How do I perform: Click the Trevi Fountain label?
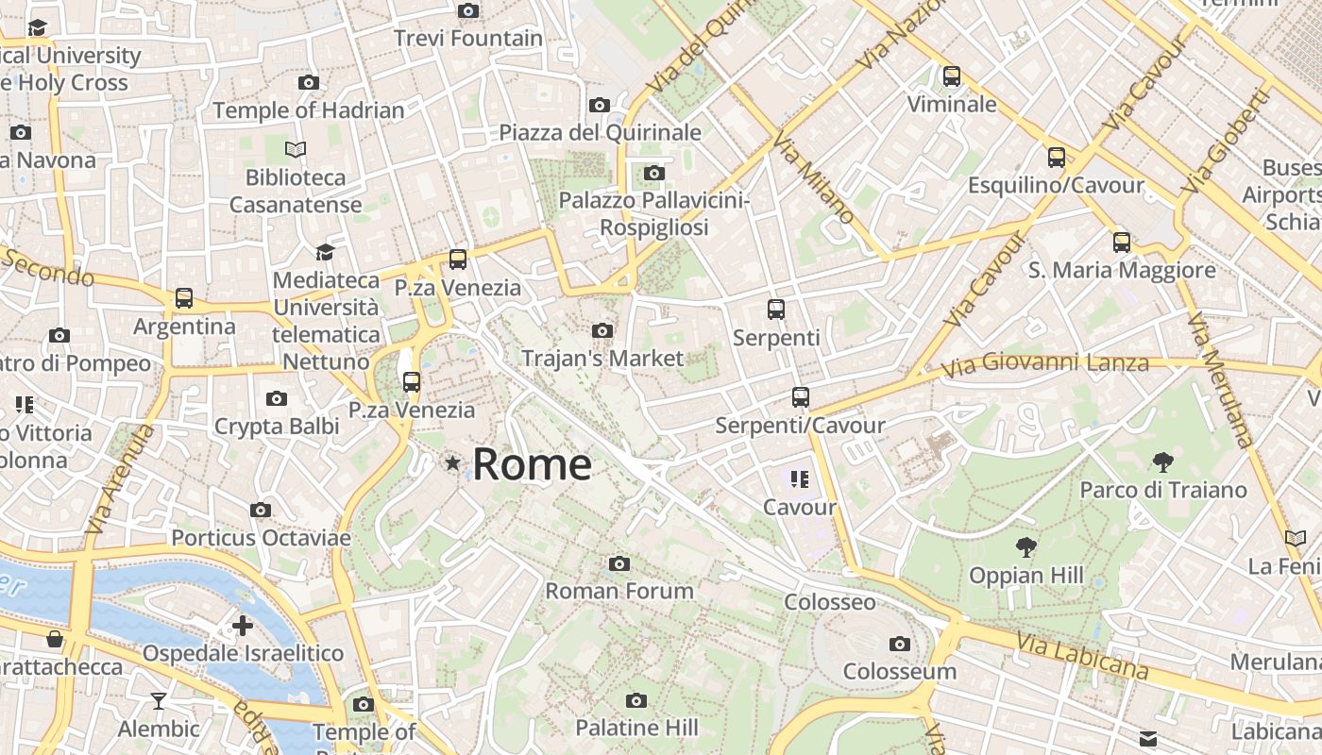(x=467, y=39)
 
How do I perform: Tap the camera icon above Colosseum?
(x=900, y=644)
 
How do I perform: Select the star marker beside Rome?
(x=453, y=462)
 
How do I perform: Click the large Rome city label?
(x=532, y=464)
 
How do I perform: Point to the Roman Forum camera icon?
(x=619, y=563)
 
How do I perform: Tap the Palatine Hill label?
(x=636, y=728)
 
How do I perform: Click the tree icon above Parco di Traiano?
(x=1163, y=461)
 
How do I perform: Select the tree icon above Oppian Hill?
(x=1025, y=546)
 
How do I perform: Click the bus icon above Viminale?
(x=952, y=75)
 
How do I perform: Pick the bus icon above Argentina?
(x=184, y=298)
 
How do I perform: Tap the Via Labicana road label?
(x=1082, y=657)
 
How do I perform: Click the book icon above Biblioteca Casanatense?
(x=296, y=149)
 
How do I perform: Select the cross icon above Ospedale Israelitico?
(x=243, y=625)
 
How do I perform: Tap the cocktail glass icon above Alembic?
(x=159, y=700)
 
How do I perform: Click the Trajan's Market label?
(x=602, y=359)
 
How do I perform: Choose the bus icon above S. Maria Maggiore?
(x=1122, y=242)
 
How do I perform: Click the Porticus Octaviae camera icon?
(x=261, y=510)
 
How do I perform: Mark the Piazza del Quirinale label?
(x=600, y=132)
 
